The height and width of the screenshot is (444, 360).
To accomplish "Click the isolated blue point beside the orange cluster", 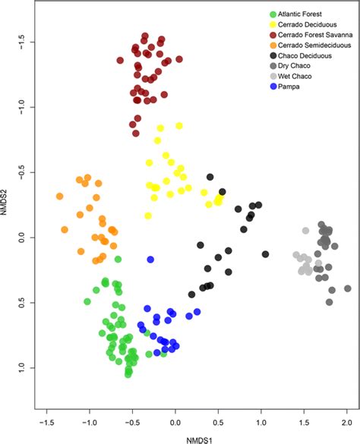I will coord(150,260).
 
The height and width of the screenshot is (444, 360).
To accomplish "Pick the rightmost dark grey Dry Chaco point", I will coord(347,288).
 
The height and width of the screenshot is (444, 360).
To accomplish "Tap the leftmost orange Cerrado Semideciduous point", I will coord(59,197).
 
